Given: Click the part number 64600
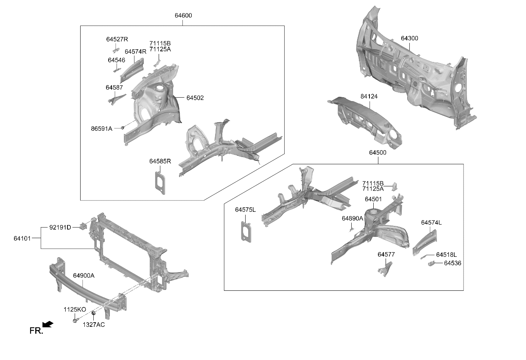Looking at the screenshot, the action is click(183, 16).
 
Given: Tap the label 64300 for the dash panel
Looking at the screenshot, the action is click(409, 38).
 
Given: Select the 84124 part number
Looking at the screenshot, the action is click(369, 96).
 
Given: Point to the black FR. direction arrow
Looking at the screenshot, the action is click(48, 324).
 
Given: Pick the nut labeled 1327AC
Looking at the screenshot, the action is click(93, 313).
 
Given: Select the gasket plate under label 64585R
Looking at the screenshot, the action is click(160, 183).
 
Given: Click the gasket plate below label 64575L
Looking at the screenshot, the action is click(246, 232).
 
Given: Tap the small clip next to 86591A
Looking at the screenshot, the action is click(122, 128).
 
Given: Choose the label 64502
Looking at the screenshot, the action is click(195, 98).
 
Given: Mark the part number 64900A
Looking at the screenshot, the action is click(84, 276).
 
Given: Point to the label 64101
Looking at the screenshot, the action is click(22, 239).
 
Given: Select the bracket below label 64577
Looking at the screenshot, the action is click(385, 269).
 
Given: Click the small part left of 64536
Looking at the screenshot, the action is click(431, 264).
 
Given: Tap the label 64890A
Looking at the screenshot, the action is click(352, 219).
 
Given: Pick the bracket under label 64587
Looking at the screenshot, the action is click(117, 99).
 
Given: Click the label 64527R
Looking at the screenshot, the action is click(117, 39).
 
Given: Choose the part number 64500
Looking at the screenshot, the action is click(378, 153).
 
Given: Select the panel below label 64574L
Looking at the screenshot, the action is click(425, 243).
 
